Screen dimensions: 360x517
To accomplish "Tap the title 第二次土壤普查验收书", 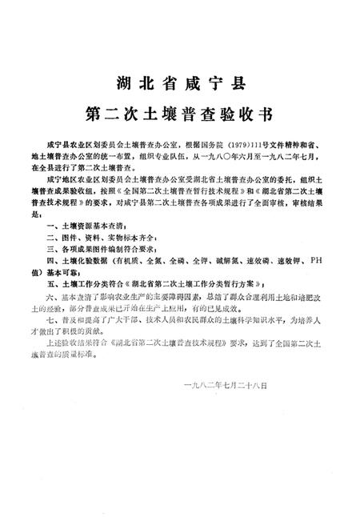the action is (x=179, y=111).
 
